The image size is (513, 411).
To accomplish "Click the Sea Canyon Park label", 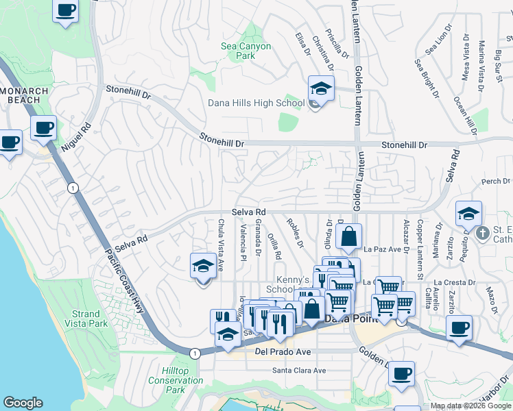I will [x=246, y=51].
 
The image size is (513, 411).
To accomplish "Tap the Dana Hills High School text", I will [x=256, y=103].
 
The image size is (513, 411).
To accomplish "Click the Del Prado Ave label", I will [x=283, y=351].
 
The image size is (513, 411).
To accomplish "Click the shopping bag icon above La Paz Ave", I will [x=348, y=236].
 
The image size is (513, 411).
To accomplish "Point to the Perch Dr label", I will [x=495, y=182].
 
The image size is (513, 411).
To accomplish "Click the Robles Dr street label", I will [x=296, y=234].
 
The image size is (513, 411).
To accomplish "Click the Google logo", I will [x=23, y=403].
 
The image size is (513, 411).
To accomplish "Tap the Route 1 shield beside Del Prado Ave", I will [x=195, y=353].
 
